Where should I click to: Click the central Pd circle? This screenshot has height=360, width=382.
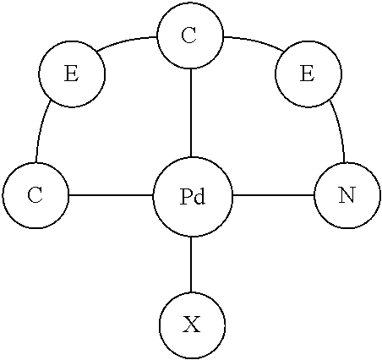[x=192, y=196]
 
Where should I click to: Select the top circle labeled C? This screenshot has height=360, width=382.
[x=190, y=37]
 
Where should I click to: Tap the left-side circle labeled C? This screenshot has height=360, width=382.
[x=35, y=196]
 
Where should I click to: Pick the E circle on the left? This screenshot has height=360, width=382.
[x=72, y=74]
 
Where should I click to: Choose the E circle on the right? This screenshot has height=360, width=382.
[x=307, y=74]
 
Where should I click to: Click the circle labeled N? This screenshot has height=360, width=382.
[x=346, y=196]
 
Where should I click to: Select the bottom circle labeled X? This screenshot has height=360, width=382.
[x=192, y=325]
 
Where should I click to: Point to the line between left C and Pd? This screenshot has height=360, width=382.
[x=111, y=196]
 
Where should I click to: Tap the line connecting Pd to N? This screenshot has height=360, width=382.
[x=272, y=196]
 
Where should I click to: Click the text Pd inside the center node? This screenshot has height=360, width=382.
[x=193, y=197]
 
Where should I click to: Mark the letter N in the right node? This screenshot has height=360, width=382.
[x=346, y=196]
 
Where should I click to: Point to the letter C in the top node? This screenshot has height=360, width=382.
[x=189, y=36]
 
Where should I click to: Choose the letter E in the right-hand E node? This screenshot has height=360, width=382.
[x=307, y=74]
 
